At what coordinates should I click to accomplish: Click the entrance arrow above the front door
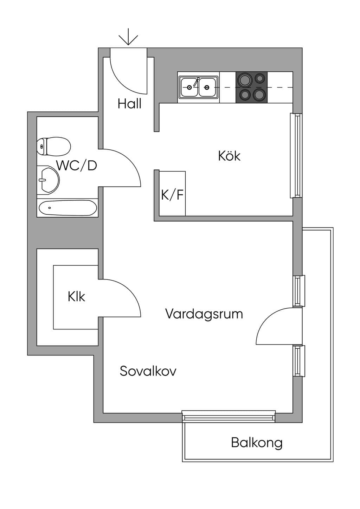pos(128,37)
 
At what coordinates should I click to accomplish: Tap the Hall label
pos(129,104)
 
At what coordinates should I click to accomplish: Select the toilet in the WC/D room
pos(54,147)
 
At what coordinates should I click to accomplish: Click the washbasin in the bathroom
pos(48,180)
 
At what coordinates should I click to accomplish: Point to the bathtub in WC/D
pos(68,208)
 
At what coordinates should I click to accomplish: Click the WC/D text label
pos(77,166)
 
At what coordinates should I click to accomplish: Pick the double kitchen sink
pos(198,87)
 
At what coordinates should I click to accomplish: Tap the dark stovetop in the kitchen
pos(251,87)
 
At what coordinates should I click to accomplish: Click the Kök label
pos(229,156)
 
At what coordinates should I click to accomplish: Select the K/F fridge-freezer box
pos(172,193)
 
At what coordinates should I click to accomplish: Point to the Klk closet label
pos(76,297)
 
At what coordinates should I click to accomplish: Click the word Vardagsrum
pos(204,314)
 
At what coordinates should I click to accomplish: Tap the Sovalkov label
pos(148,371)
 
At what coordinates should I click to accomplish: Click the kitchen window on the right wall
pos(296,155)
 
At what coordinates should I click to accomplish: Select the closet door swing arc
pos(130,290)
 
